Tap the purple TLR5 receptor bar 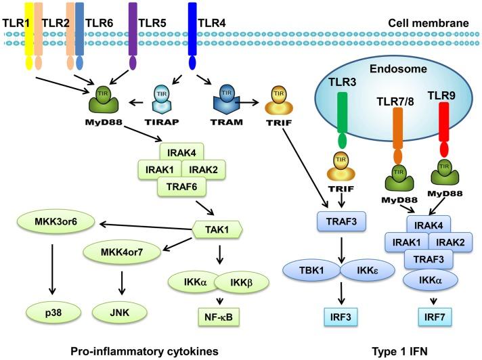(133, 30)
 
